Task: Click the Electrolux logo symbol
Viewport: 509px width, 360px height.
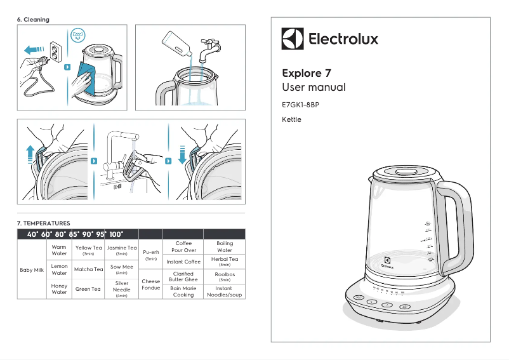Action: point(293,39)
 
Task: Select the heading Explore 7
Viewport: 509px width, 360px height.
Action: point(306,73)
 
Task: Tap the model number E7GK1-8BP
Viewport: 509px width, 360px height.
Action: point(300,104)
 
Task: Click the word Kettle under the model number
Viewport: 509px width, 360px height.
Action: point(291,119)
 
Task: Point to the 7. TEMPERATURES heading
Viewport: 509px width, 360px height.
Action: point(43,223)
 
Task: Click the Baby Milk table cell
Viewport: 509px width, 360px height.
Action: point(32,269)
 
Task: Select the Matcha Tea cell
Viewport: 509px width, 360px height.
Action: point(88,269)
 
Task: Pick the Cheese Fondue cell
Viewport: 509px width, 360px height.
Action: point(151,284)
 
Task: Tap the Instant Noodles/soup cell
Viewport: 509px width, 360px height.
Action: point(224,291)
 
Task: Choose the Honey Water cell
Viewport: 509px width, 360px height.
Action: point(59,289)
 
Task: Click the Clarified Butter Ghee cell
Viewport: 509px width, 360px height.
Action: point(183,276)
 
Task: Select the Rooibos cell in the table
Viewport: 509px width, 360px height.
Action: point(224,276)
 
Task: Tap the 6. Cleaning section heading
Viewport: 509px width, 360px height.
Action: point(33,20)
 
